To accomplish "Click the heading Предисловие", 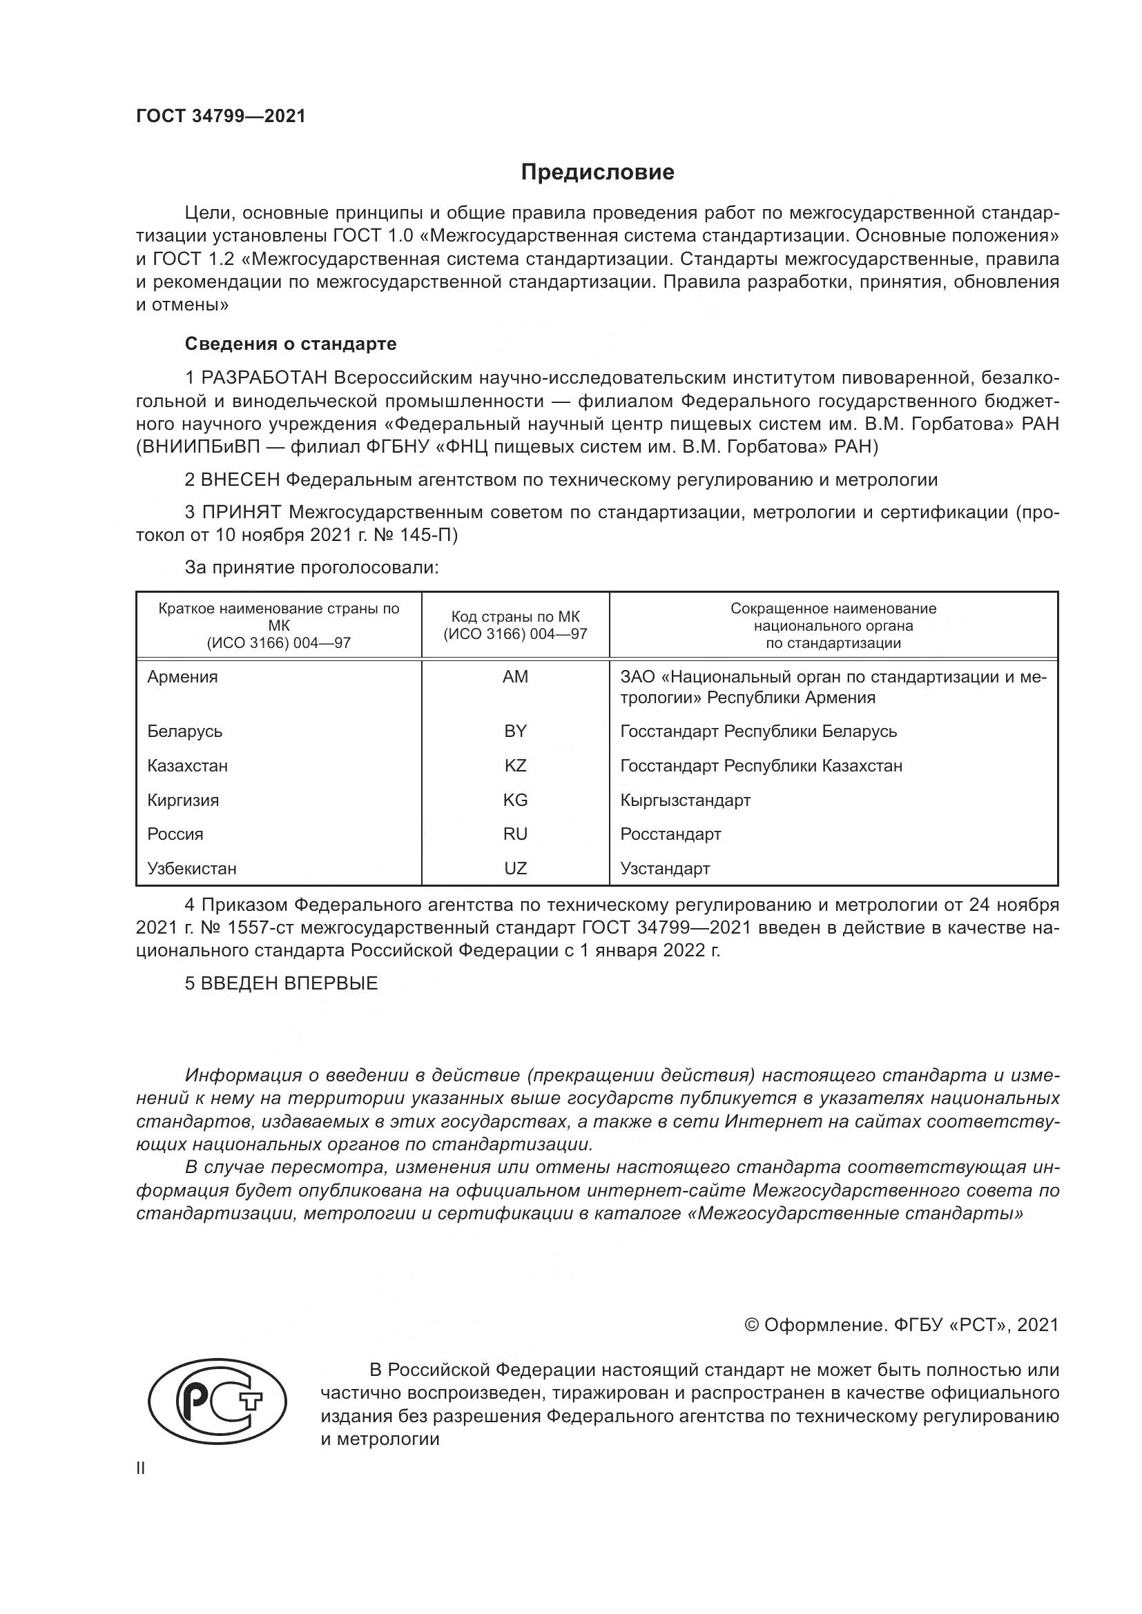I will [597, 173].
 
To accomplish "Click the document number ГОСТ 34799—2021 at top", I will [221, 116].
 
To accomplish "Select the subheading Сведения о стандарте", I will [291, 344].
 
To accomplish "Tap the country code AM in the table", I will [515, 677].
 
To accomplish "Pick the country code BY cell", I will [515, 731].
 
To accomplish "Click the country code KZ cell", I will [515, 765].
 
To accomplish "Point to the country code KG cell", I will [515, 800].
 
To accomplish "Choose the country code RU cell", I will [515, 834].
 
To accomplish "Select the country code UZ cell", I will [515, 869].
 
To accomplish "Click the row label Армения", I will [182, 677].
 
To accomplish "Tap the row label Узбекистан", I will [191, 869].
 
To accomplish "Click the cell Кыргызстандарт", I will [685, 800].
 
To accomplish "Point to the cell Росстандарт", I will [670, 834].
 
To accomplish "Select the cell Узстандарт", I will [664, 869].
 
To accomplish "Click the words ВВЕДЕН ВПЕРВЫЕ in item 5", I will [289, 983].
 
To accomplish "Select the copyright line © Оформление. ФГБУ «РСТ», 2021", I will [901, 1325].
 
